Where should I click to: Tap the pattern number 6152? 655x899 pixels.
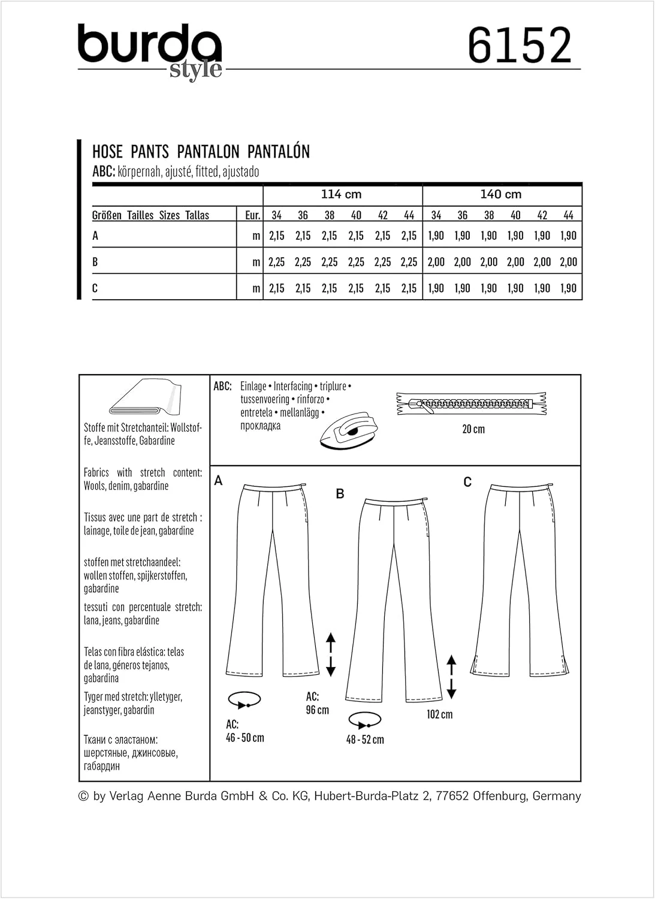click(519, 46)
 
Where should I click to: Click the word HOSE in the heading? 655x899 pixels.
click(108, 152)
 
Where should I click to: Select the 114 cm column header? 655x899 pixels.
click(341, 194)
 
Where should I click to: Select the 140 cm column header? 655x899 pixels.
click(501, 194)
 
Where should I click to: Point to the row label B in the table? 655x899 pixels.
click(95, 262)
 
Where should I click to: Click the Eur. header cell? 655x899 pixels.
click(252, 215)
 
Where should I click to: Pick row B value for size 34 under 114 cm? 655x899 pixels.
click(276, 262)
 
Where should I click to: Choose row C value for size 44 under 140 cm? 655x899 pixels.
click(568, 288)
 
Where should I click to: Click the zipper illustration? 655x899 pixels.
click(472, 404)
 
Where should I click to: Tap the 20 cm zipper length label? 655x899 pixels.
click(473, 429)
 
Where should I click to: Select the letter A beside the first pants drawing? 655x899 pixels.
click(218, 481)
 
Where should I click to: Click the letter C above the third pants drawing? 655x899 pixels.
click(467, 482)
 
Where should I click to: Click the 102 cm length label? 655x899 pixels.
click(439, 714)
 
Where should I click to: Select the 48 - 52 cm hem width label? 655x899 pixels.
click(365, 740)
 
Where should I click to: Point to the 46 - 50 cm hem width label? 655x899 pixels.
click(245, 738)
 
